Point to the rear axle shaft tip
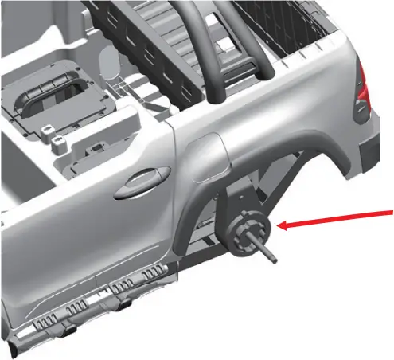273,259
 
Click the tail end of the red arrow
390,209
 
